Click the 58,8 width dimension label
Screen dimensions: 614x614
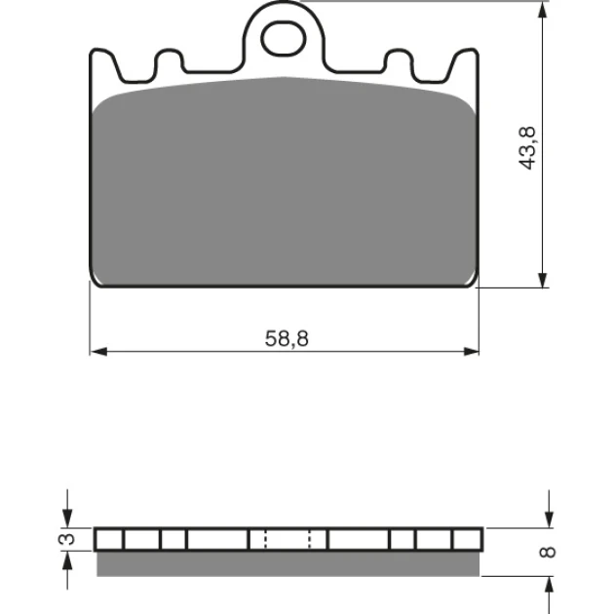(287, 339)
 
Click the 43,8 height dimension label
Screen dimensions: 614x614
(527, 148)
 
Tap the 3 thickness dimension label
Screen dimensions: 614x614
(66, 539)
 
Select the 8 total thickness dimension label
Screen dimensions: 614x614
(548, 552)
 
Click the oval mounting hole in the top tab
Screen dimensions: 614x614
(284, 39)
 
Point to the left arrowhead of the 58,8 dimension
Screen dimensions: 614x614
(98, 351)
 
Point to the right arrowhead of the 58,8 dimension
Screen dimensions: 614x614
(471, 351)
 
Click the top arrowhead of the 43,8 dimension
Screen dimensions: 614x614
(542, 10)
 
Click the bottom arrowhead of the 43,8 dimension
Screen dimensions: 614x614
(542, 280)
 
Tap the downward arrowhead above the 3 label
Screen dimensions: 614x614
(67, 518)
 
